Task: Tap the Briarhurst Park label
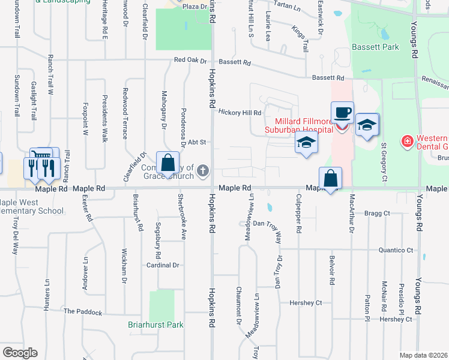[x=155, y=325]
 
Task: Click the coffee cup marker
[x=342, y=113]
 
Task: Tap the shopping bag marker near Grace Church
[x=168, y=163]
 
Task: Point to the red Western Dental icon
[x=408, y=141]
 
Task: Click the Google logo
[x=20, y=353]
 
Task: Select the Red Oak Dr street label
[x=190, y=61]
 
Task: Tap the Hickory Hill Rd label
[x=240, y=112]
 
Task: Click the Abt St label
[x=197, y=142]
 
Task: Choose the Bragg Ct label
[x=378, y=213]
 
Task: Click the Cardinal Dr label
[x=163, y=265]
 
